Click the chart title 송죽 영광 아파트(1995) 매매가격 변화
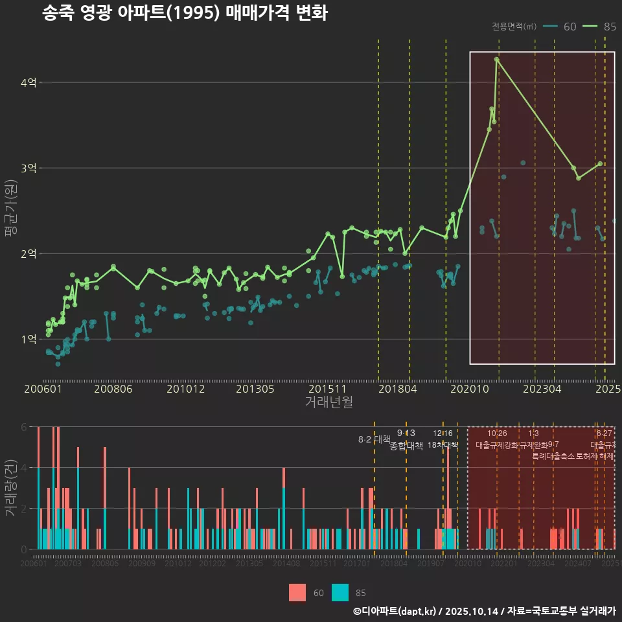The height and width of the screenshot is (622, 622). [185, 13]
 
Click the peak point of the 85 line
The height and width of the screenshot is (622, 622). [496, 59]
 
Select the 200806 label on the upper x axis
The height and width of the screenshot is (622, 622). [114, 389]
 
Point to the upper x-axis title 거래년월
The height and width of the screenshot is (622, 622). [328, 402]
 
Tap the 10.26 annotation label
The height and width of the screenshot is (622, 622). [497, 433]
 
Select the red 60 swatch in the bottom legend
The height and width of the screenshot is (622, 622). [297, 592]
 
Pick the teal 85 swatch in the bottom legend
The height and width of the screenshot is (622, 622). [340, 592]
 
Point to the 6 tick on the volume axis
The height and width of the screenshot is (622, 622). [24, 427]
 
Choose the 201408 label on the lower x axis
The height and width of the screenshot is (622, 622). [286, 564]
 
